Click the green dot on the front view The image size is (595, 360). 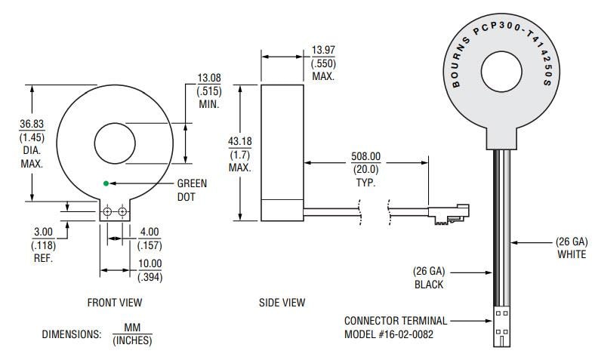(106, 183)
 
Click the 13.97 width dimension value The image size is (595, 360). (322, 51)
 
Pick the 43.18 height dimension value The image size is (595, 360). (228, 141)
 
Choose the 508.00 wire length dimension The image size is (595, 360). (366, 157)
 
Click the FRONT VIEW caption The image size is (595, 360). (115, 303)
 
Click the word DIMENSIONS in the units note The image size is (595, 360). (71, 334)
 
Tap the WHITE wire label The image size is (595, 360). (571, 254)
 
